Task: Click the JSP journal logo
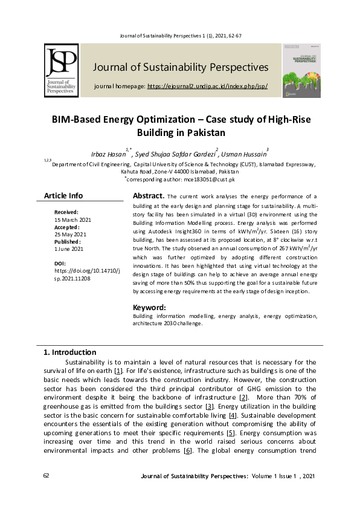tap(60, 71)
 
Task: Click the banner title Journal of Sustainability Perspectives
tap(181, 66)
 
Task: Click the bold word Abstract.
tap(148, 196)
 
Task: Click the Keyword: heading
tap(149, 307)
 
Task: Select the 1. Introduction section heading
tap(69, 352)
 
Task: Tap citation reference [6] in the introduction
tap(188, 451)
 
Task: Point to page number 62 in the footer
tap(47, 477)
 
